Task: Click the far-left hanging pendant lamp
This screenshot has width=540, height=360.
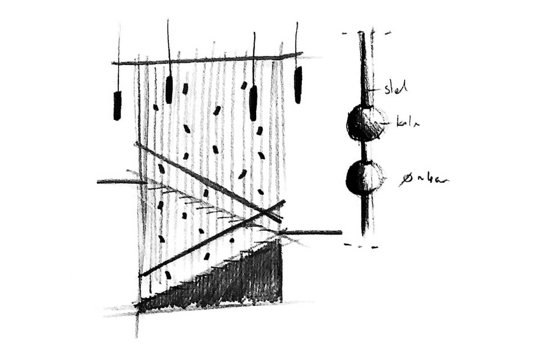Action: pyautogui.click(x=117, y=105)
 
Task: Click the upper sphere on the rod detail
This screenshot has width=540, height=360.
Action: pyautogui.click(x=366, y=122)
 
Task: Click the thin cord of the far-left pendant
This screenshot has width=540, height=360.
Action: pyautogui.click(x=119, y=58)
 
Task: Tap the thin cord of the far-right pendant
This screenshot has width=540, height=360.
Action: pyautogui.click(x=297, y=43)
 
